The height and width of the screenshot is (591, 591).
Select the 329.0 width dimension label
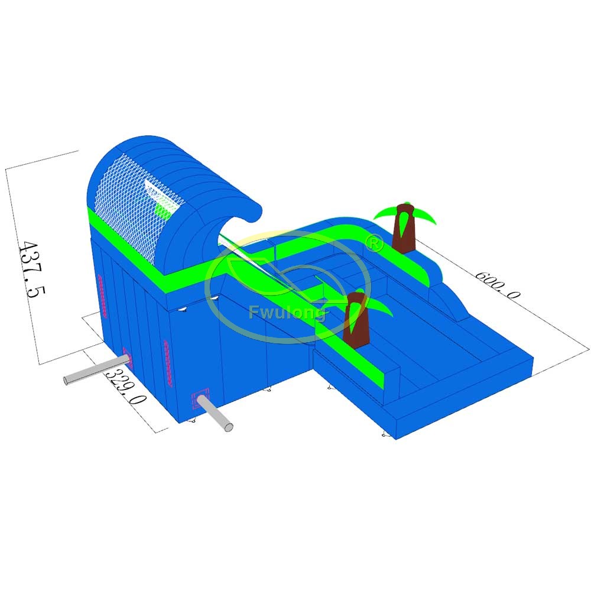coord(126,387)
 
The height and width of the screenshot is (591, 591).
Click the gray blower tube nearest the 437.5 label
coord(95,371)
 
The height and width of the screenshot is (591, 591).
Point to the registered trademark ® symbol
coord(374,243)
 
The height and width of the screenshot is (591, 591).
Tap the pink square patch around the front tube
coord(200,398)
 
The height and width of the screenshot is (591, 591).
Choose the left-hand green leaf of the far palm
coord(385,212)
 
